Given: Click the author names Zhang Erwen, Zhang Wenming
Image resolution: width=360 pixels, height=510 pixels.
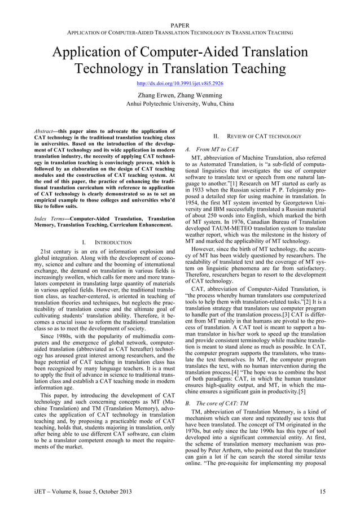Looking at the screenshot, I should (179, 95).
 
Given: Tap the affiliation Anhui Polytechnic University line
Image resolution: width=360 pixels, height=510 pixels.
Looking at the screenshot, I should (179, 104).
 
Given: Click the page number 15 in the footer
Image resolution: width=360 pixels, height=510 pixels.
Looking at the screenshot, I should (322, 491).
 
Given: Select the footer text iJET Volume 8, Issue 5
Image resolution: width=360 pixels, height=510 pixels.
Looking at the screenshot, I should (83, 491).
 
